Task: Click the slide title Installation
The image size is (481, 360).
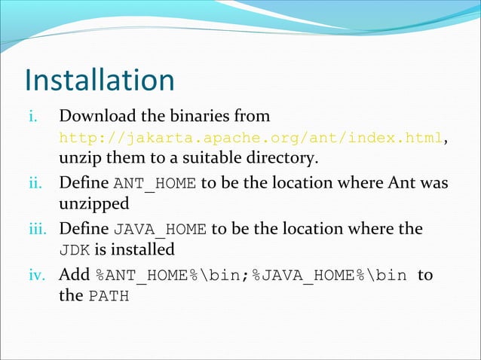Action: click(x=100, y=81)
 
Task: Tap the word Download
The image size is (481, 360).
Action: click(x=95, y=117)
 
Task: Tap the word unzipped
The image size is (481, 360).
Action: click(x=93, y=205)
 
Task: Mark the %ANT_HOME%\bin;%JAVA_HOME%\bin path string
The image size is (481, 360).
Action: click(x=252, y=275)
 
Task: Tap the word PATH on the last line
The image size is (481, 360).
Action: click(x=109, y=296)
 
